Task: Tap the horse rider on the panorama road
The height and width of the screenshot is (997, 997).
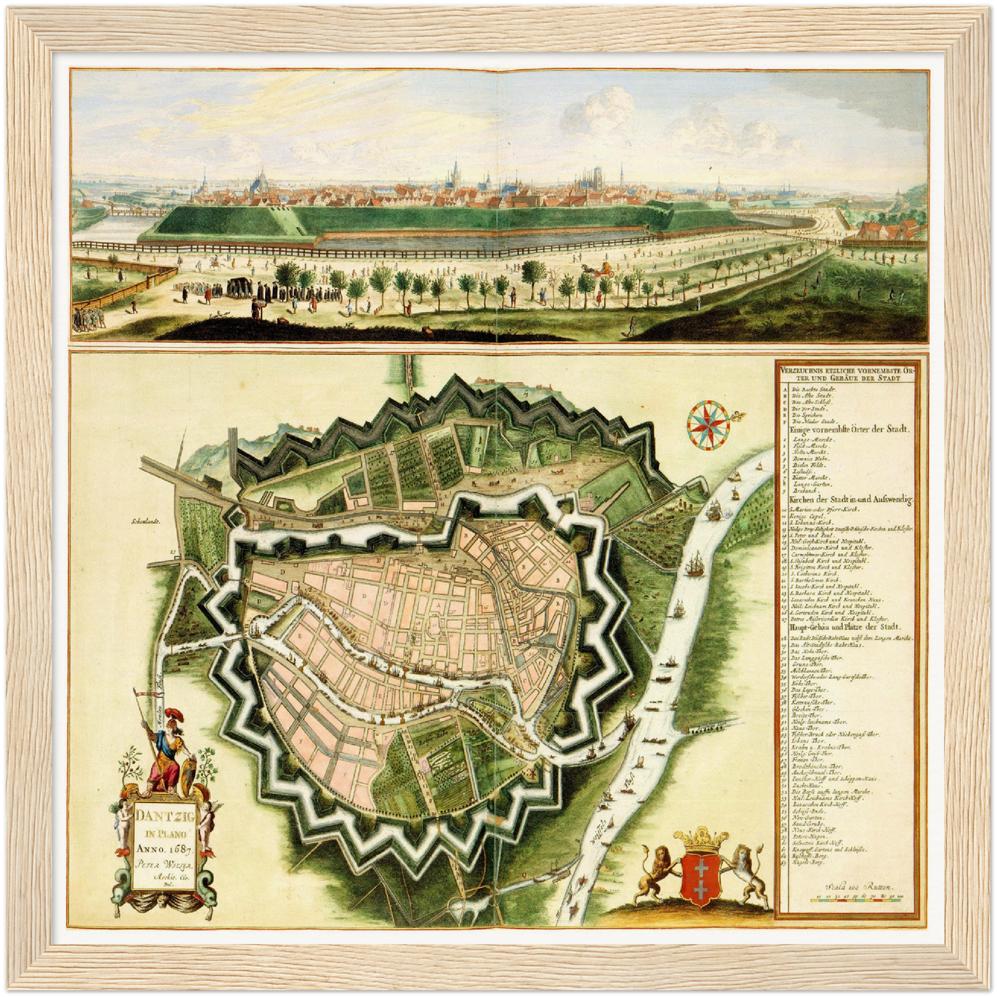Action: point(215,264)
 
